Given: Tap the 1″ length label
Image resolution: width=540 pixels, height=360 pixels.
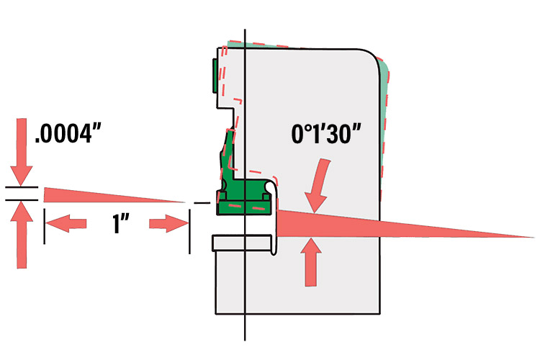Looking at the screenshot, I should (x=119, y=225).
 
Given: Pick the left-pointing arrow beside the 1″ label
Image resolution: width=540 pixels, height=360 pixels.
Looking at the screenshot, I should (x=69, y=225).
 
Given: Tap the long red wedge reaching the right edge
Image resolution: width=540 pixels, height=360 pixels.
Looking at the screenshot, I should (x=403, y=224).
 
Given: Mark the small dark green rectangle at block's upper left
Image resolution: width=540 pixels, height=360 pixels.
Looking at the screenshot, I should (x=215, y=76).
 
